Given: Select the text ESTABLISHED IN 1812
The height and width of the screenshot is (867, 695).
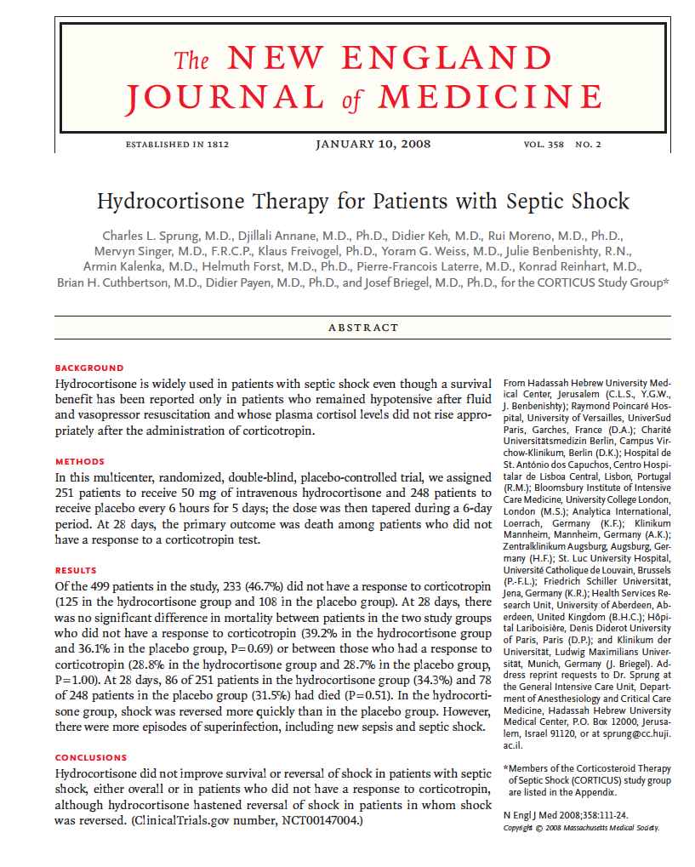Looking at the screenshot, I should point(177,144).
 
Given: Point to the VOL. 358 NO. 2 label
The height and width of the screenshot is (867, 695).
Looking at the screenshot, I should point(562,144).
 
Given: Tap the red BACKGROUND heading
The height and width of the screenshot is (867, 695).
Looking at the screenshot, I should point(89,368).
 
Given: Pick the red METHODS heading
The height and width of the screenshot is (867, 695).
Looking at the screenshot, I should point(80,462).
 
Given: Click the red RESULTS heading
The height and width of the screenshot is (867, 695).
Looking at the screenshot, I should point(77,570).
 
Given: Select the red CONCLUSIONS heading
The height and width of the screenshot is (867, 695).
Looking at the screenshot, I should point(91,757).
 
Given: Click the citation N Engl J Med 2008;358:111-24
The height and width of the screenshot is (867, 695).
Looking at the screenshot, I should point(568,814).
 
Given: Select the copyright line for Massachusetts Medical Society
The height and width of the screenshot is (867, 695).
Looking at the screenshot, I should point(580,827).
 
